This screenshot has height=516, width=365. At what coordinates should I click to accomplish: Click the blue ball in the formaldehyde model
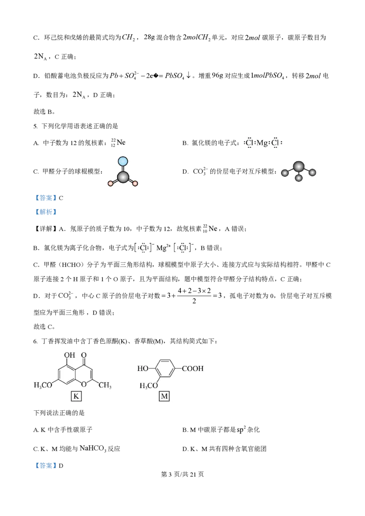tap(123, 161)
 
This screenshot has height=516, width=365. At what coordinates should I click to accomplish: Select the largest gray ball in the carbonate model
tap(298, 166)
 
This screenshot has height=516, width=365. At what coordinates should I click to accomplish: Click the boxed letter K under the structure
tap(76, 396)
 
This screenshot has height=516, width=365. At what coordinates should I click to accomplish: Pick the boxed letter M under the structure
tap(164, 396)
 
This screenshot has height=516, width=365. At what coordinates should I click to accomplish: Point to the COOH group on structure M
tap(193, 369)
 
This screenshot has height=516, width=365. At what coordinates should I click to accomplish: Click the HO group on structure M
tap(143, 369)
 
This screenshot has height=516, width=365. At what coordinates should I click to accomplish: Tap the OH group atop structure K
tap(69, 355)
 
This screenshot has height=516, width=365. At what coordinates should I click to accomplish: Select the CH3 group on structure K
tap(105, 385)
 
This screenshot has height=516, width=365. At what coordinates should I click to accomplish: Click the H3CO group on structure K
tap(43, 385)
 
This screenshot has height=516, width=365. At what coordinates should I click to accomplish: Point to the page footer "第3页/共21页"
tap(182, 474)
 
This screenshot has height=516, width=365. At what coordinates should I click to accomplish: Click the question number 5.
tap(35, 126)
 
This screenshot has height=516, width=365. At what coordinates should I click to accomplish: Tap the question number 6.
tap(35, 341)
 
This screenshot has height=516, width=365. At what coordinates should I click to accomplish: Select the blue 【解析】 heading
tap(46, 212)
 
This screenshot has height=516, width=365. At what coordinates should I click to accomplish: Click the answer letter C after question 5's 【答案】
tap(61, 198)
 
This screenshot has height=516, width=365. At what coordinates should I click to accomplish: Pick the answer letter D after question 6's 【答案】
tap(61, 466)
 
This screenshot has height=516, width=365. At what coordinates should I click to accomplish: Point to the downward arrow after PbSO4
tap(188, 75)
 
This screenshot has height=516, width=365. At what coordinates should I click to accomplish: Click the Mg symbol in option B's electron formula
tap(262, 143)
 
